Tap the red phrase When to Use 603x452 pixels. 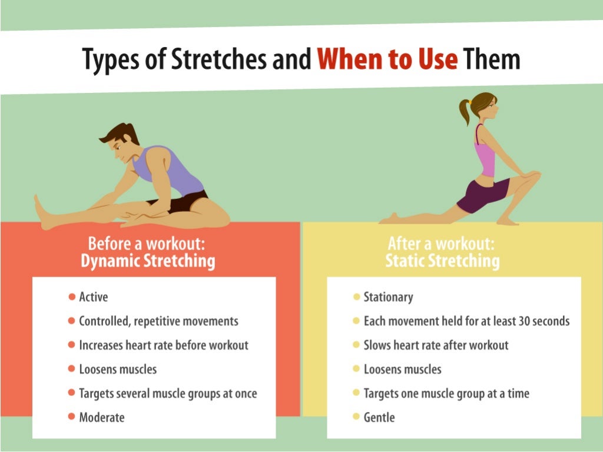tap(387, 60)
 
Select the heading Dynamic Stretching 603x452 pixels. tap(148, 261)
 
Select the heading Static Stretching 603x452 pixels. tap(442, 261)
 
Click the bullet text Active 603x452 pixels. tap(94, 297)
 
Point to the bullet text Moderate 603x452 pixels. tap(102, 417)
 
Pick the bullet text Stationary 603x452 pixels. tap(388, 297)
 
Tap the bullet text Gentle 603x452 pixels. tap(379, 417)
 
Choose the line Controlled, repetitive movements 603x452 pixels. tap(158, 321)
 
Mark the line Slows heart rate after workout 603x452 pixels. tap(436, 345)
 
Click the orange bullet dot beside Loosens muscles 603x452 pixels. tap(72, 370)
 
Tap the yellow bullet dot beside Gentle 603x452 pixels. tap(356, 417)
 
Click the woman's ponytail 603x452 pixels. tap(465, 110)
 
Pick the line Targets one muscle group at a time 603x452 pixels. tap(446, 393)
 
